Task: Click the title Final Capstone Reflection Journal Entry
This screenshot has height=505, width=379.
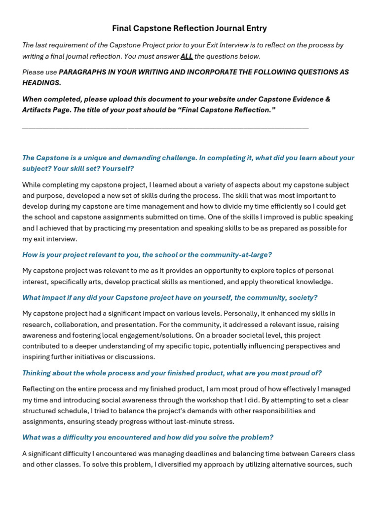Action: coord(189,29)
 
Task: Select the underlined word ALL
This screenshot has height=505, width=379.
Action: coord(187,56)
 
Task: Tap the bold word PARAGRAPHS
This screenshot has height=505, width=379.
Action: coord(82,72)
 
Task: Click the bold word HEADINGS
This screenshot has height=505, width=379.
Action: coord(41,83)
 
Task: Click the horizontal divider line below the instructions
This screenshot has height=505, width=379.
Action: coord(165,128)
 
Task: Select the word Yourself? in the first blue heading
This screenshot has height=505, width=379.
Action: coord(118,169)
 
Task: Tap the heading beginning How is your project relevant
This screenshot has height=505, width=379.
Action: coord(147,254)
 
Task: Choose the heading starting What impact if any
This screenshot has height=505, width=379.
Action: coord(170,297)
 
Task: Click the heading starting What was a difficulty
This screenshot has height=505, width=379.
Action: coord(148,437)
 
